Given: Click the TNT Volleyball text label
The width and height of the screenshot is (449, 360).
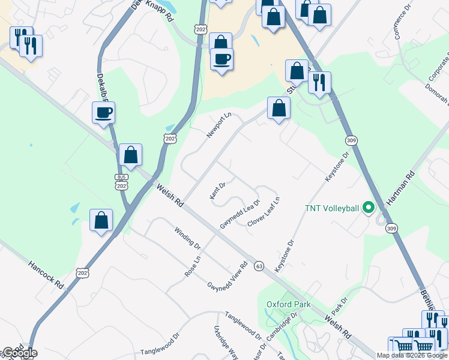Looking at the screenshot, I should pyautogui.click(x=332, y=208).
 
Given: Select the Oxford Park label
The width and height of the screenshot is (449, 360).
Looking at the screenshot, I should pyautogui.click(x=288, y=304).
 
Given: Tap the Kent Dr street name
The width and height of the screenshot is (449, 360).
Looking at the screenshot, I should pyautogui.click(x=217, y=191).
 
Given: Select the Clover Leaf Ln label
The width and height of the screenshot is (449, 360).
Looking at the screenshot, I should pyautogui.click(x=264, y=212).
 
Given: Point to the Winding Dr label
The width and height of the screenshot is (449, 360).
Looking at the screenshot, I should pyautogui.click(x=187, y=237).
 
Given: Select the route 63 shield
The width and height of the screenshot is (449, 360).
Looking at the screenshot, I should pyautogui.click(x=259, y=266).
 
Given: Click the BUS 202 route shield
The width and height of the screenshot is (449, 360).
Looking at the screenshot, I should pyautogui.click(x=122, y=182).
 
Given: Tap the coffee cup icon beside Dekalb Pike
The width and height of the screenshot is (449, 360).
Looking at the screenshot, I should pyautogui.click(x=103, y=112).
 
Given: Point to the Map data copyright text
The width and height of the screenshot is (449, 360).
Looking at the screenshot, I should pyautogui.click(x=412, y=355).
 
